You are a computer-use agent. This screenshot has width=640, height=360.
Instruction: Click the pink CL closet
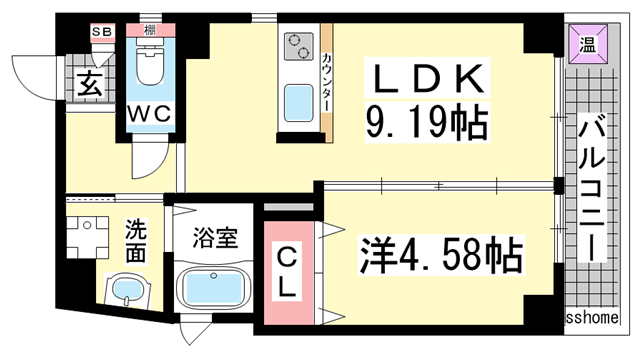pos(286,272)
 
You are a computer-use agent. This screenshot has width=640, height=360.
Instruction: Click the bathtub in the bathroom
pos(212,287)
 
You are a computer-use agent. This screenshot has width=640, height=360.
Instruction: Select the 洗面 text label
pos(135,241)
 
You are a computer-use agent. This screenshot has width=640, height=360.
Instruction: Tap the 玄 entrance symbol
pos(90,84)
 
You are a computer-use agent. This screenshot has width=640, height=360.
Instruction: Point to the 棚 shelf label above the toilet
pos(149,31)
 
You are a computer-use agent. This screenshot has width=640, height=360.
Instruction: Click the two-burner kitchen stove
pos(299,47)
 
